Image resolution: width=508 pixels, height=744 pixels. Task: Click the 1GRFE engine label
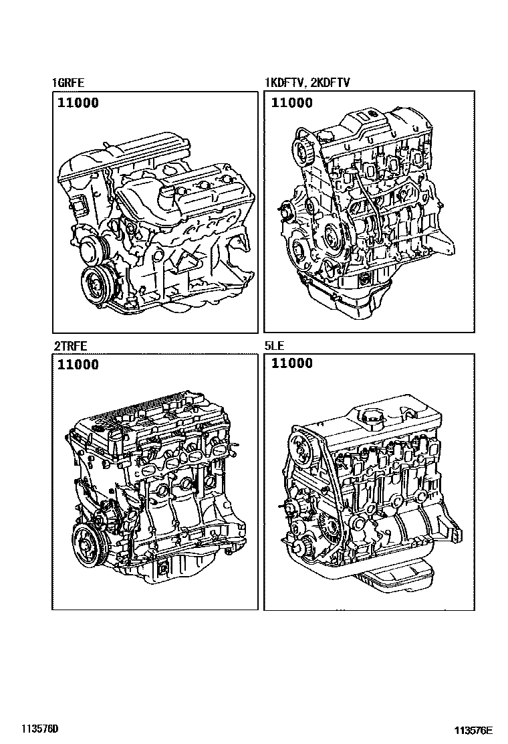(x=68, y=82)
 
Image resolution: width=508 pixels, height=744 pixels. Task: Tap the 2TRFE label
(x=70, y=346)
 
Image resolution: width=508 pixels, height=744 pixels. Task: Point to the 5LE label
(x=274, y=346)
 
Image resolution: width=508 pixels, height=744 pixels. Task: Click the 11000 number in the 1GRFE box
(x=78, y=102)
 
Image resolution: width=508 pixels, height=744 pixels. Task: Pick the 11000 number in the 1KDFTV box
(x=292, y=102)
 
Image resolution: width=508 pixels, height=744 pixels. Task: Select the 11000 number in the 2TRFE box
(x=78, y=365)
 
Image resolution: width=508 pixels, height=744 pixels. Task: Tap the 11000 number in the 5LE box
(x=292, y=363)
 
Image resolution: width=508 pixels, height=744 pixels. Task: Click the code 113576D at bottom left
(x=39, y=728)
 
